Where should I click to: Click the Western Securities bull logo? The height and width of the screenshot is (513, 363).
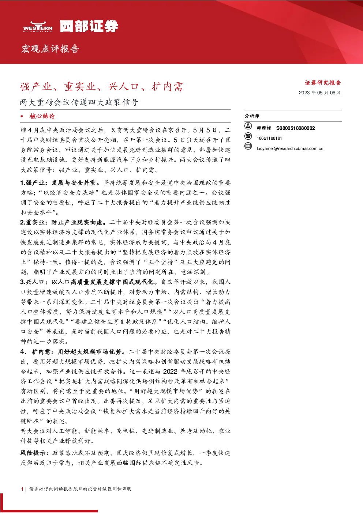point(38,26)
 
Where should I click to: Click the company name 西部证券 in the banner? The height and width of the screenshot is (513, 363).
point(89,26)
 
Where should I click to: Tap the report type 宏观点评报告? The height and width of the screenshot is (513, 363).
point(50,49)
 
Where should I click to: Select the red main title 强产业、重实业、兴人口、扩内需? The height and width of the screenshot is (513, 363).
point(101,87)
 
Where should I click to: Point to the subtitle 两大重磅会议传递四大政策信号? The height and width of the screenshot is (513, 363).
point(79,102)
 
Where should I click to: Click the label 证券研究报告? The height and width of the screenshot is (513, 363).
point(323,83)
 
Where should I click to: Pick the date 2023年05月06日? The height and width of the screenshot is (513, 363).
point(319,93)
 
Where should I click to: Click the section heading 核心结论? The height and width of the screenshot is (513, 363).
point(42,116)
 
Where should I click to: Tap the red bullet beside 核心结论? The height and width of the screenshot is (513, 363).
point(22,116)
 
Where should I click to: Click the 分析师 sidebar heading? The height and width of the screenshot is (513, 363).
point(252,116)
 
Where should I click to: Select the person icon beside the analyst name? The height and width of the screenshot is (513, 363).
point(248,126)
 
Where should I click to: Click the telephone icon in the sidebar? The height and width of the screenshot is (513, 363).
point(248,136)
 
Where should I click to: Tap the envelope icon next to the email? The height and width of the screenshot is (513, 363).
point(248,146)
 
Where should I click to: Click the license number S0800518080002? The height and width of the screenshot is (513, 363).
point(295,128)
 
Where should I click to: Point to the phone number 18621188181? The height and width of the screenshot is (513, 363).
point(269,138)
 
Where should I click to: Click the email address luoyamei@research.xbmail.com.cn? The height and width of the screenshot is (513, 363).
point(290,148)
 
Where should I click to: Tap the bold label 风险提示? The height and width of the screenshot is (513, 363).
point(34,453)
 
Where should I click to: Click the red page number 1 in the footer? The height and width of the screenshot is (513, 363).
point(22,489)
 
